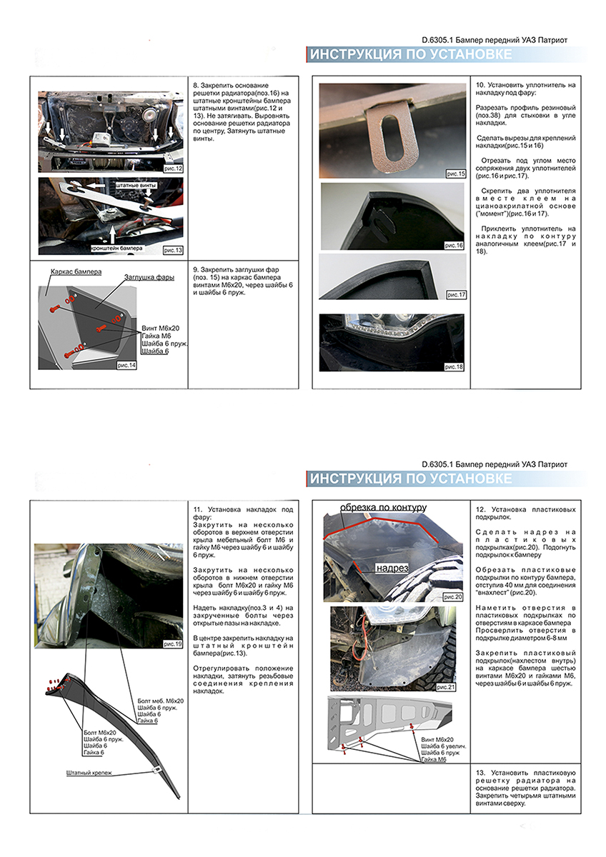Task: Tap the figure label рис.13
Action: (x=173, y=251)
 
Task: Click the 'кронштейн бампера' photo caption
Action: (x=116, y=249)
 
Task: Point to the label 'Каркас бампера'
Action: (x=76, y=272)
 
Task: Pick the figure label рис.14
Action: (x=126, y=365)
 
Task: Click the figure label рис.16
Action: (x=454, y=245)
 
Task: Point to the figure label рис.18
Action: (x=454, y=366)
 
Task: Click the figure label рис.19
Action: (x=173, y=643)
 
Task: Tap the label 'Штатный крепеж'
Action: (x=89, y=773)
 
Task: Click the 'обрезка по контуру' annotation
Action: (x=383, y=507)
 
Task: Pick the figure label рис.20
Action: (x=454, y=596)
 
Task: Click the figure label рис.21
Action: (x=454, y=686)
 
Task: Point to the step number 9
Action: (x=197, y=270)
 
